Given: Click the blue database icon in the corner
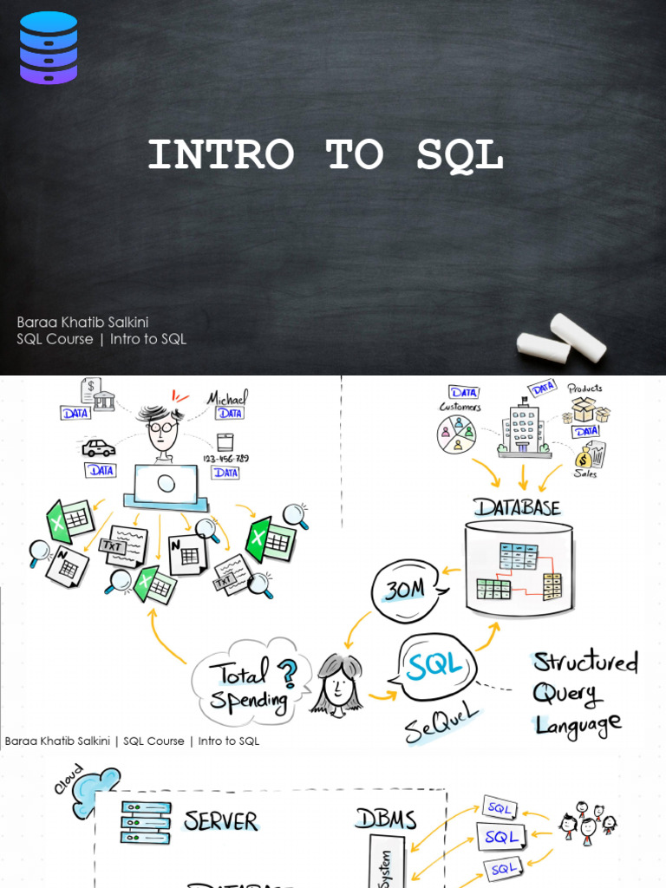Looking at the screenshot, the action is [x=48, y=48].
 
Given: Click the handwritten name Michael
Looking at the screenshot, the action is [x=227, y=398].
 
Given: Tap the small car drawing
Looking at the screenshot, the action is [x=98, y=448].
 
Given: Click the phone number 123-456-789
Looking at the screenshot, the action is [x=226, y=457].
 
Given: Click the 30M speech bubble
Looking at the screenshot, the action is [x=406, y=591].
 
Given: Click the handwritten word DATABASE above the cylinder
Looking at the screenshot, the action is [x=517, y=507].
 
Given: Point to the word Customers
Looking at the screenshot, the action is [x=460, y=407].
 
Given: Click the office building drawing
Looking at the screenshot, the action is [x=524, y=428].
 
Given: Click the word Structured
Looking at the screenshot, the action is [x=585, y=663].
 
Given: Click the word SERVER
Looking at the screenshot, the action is [x=220, y=820].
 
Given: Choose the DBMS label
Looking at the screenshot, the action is [x=385, y=818].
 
